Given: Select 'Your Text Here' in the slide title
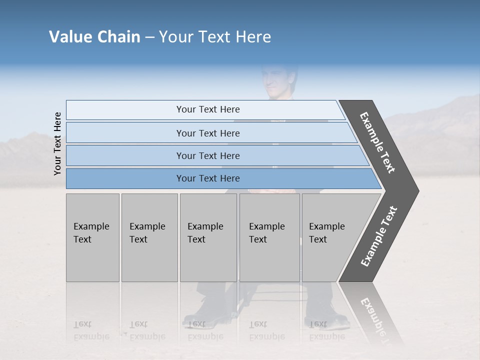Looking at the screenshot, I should point(215,37).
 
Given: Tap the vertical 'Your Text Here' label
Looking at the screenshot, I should point(57,144).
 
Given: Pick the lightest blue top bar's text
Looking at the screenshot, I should point(208,109).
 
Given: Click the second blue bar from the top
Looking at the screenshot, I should point(208,133).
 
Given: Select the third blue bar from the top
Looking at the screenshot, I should point(208,156).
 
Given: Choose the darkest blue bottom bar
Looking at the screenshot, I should point(208,178).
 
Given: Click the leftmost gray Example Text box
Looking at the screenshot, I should point(92,237).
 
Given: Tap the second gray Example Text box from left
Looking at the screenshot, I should point(149,237).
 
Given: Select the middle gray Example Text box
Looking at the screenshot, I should point(208,237).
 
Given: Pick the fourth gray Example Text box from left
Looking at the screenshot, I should point(269,237).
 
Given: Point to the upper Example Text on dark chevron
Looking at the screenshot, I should point(377,142).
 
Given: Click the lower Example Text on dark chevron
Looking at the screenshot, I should point(379,236).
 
